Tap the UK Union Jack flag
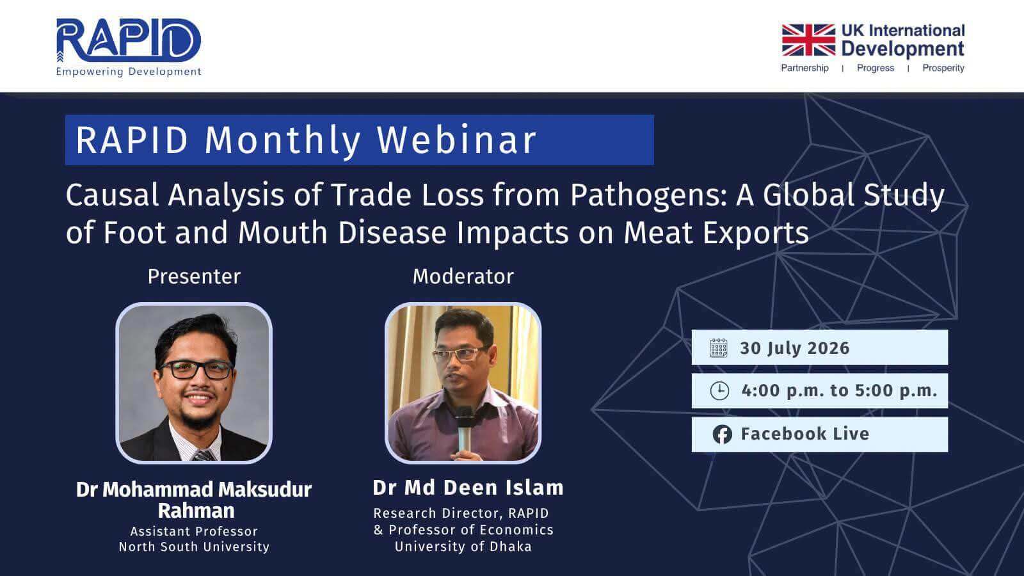pos(808,40)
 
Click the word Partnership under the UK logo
pos(804,68)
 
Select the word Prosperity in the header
pos(943,68)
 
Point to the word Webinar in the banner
pos(456,140)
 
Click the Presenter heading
pos(194,276)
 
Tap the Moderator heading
pos(463,276)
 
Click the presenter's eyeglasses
pos(196,369)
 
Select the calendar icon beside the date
pos(719,348)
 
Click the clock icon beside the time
pos(719,391)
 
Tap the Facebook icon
pos(723,435)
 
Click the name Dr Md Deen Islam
pos(468,488)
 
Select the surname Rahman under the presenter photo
pos(196,511)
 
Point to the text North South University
pos(195,547)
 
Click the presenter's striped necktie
pos(203,455)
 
